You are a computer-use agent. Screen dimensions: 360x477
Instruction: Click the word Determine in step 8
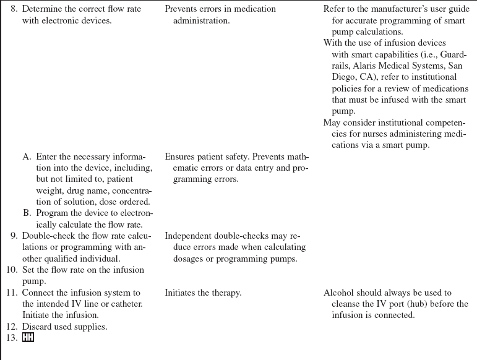pyautogui.click(x=41, y=9)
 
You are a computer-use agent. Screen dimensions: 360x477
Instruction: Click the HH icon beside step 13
pyautogui.click(x=28, y=338)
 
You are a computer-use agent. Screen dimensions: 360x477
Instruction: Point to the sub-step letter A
pyautogui.click(x=27, y=157)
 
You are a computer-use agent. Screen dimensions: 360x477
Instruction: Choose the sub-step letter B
pyautogui.click(x=27, y=213)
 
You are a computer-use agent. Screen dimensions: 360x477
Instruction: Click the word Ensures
pyautogui.click(x=180, y=157)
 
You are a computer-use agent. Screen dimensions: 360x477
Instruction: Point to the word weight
pyautogui.click(x=49, y=179)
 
